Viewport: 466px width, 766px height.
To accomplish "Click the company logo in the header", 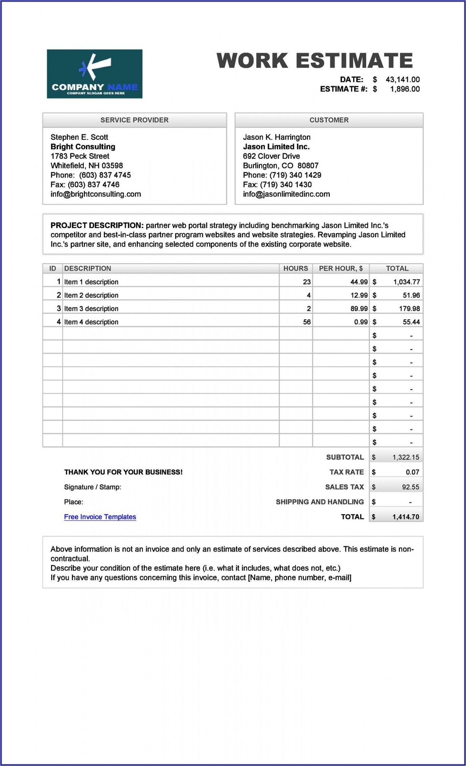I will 95,74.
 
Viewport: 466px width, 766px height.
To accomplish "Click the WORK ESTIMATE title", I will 315,61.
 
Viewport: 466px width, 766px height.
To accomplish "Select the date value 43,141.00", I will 402,80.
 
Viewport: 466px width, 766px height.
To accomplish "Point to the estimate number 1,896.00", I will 405,89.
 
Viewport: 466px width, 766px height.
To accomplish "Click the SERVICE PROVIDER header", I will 134,120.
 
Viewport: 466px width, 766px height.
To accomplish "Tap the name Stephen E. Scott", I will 79,137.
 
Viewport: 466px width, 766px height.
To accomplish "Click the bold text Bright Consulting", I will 83,147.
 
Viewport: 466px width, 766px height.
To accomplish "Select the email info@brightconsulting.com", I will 96,194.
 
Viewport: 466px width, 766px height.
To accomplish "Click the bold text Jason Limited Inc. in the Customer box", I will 276,147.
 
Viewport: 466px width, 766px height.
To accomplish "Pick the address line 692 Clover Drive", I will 271,156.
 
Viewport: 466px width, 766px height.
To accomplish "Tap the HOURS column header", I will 296,269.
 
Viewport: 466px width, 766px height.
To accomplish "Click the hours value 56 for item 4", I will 306,322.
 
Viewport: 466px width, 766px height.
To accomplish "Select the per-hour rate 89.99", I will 359,308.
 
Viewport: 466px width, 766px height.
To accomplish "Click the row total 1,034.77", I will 406,282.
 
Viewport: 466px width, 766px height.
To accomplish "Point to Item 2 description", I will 91,295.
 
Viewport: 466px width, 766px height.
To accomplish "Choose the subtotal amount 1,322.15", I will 406,458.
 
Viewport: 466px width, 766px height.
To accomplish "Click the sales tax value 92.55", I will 410,487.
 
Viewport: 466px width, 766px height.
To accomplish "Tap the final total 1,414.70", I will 406,517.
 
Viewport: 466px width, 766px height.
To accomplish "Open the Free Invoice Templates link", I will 100,517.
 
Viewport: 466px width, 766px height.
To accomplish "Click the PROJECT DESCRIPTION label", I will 97,226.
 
